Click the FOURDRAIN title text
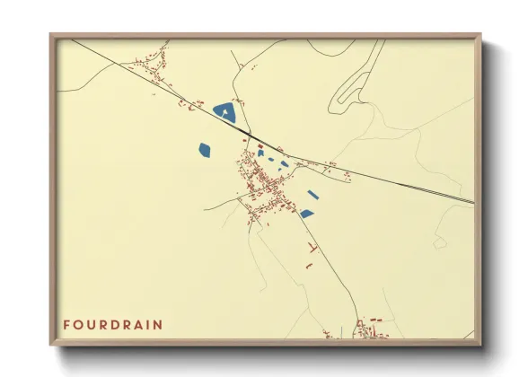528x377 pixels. [x=112, y=324]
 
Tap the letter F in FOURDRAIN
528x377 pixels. [x=66, y=324]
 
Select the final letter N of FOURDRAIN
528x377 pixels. [x=160, y=324]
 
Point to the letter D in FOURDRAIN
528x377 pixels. [x=113, y=324]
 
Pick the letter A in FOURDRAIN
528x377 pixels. [x=137, y=324]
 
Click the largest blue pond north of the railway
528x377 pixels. [x=224, y=113]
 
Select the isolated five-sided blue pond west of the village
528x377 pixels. [x=204, y=150]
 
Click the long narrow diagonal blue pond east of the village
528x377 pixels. [x=312, y=194]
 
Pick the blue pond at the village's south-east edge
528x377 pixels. [x=306, y=214]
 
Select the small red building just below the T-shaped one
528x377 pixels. [x=308, y=266]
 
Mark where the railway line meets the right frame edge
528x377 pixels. [x=473, y=202]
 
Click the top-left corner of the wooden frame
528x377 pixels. [x=51, y=35]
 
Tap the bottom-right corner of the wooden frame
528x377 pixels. [x=480, y=345]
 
